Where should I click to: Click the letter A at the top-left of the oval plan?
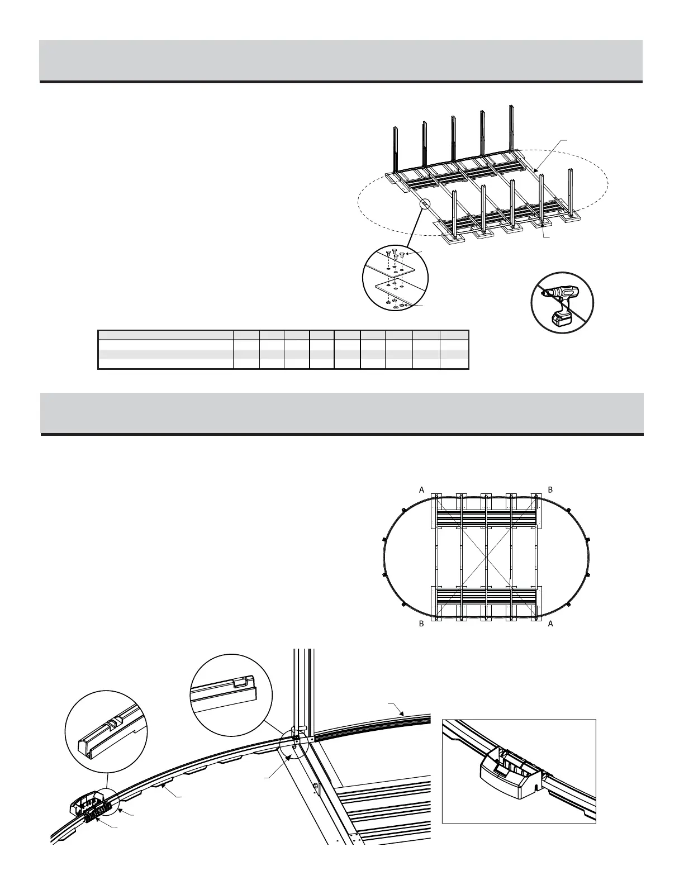[422, 489]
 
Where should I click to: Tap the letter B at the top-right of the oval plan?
[550, 489]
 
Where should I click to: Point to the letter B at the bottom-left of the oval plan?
[422, 624]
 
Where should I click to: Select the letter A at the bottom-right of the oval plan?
[550, 624]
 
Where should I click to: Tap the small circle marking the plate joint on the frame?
[425, 204]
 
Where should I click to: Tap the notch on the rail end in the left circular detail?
[112, 724]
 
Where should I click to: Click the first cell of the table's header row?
[165, 335]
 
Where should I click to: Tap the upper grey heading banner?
[341, 60]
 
